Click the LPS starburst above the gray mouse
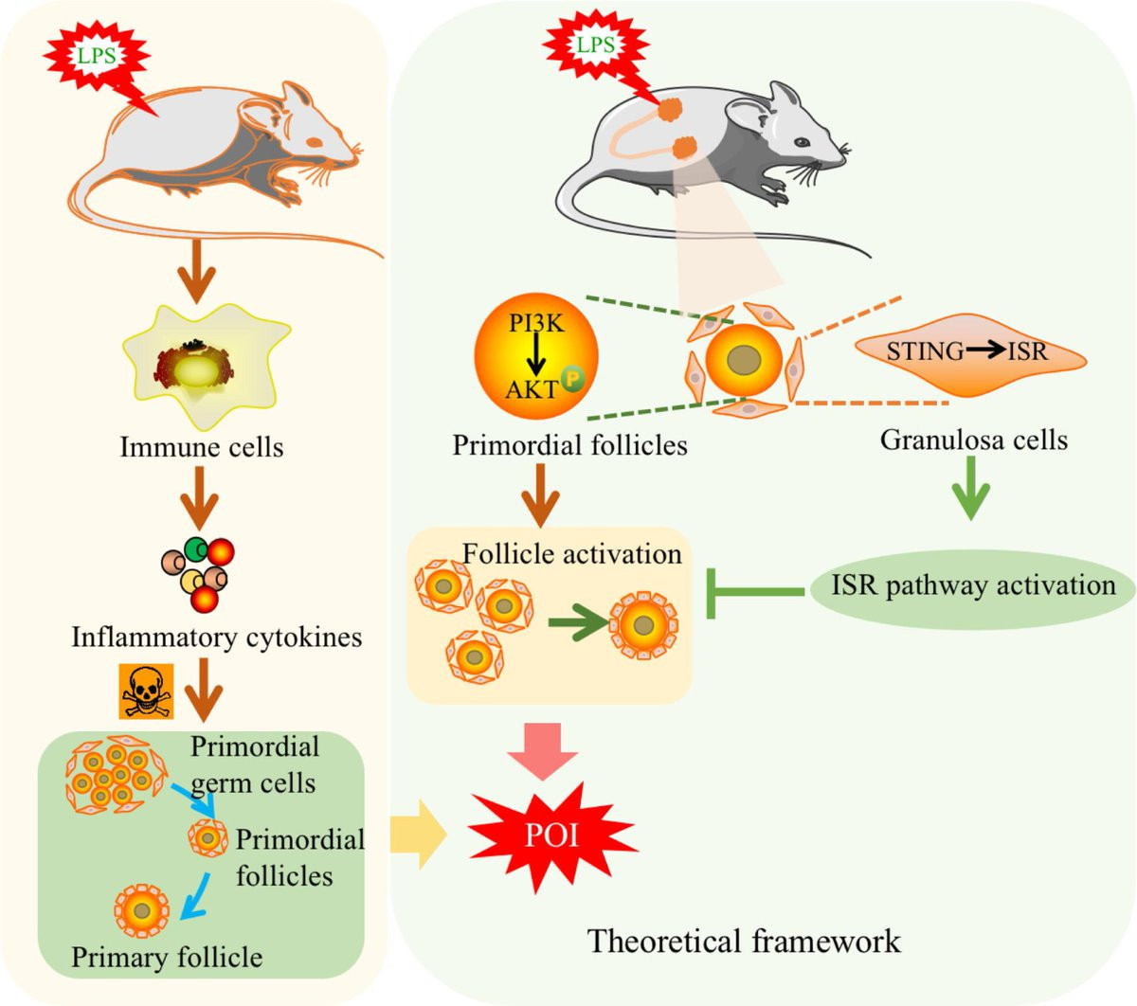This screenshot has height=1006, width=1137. pyautogui.click(x=595, y=45)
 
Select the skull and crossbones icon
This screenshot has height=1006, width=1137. pyautogui.click(x=146, y=691)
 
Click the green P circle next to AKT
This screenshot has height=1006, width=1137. pyautogui.click(x=571, y=380)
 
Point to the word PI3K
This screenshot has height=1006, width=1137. pyautogui.click(x=536, y=323)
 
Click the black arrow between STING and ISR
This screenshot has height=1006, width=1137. pyautogui.click(x=985, y=351)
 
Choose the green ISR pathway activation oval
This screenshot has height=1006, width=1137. pyautogui.click(x=973, y=586)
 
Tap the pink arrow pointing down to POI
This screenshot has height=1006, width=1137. pyautogui.click(x=543, y=748)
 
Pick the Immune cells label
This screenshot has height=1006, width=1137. pyautogui.click(x=201, y=446)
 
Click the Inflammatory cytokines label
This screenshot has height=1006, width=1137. pyautogui.click(x=217, y=637)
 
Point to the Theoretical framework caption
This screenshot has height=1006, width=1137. pyautogui.click(x=744, y=941)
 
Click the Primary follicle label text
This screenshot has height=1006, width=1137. pyautogui.click(x=167, y=957)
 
